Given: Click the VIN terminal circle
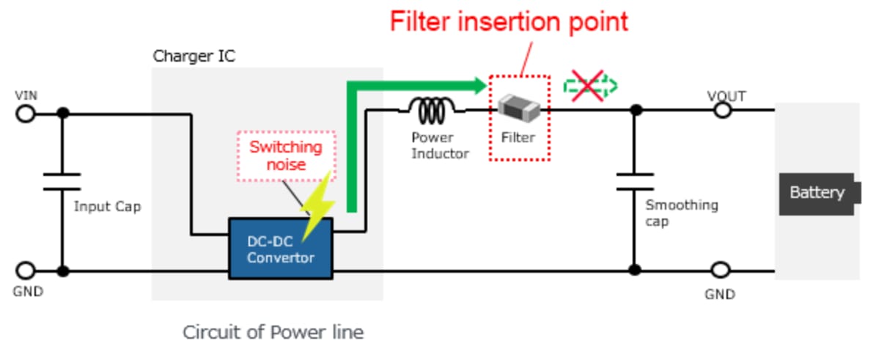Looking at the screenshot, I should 26,114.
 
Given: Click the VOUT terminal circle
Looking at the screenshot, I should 722,110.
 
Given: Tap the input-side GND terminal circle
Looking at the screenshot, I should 26,271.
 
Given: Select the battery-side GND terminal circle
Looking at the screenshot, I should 721,271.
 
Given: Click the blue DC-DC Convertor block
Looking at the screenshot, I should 281,249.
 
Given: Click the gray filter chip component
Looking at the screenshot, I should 519,109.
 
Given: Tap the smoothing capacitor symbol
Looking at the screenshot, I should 634,181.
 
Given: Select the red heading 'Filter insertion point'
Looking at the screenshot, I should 509,21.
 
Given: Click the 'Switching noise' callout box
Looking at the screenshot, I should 286,155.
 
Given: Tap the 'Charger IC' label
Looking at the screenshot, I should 194,56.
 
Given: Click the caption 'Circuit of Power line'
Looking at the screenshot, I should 273,332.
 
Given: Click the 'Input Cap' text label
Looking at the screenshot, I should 107,206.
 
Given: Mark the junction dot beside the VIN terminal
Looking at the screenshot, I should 63,113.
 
